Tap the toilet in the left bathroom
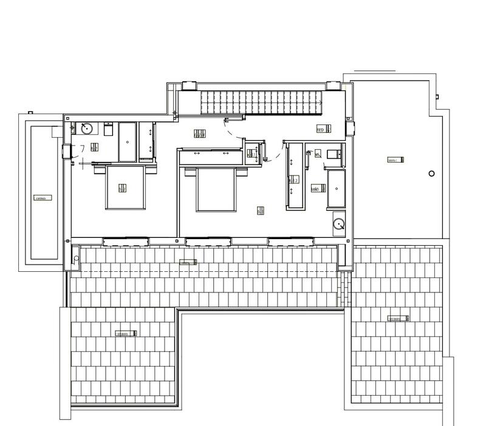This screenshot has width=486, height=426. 109,129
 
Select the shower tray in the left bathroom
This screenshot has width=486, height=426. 127,142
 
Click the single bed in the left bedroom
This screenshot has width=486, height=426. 125,188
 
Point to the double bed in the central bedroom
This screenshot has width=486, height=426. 215,189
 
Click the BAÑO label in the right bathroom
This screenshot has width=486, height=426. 315,189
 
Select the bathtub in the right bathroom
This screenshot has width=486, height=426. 336,189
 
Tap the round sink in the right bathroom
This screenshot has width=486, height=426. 338,225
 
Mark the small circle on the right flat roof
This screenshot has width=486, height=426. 431,174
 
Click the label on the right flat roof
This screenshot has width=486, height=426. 395,160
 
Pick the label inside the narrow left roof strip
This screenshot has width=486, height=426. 42,198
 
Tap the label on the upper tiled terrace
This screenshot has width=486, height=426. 188,262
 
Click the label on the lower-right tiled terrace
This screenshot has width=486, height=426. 399,319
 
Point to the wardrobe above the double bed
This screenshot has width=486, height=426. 210,155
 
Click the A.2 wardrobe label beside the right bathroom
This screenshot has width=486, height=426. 293,180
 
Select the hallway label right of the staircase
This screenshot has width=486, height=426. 323,129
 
